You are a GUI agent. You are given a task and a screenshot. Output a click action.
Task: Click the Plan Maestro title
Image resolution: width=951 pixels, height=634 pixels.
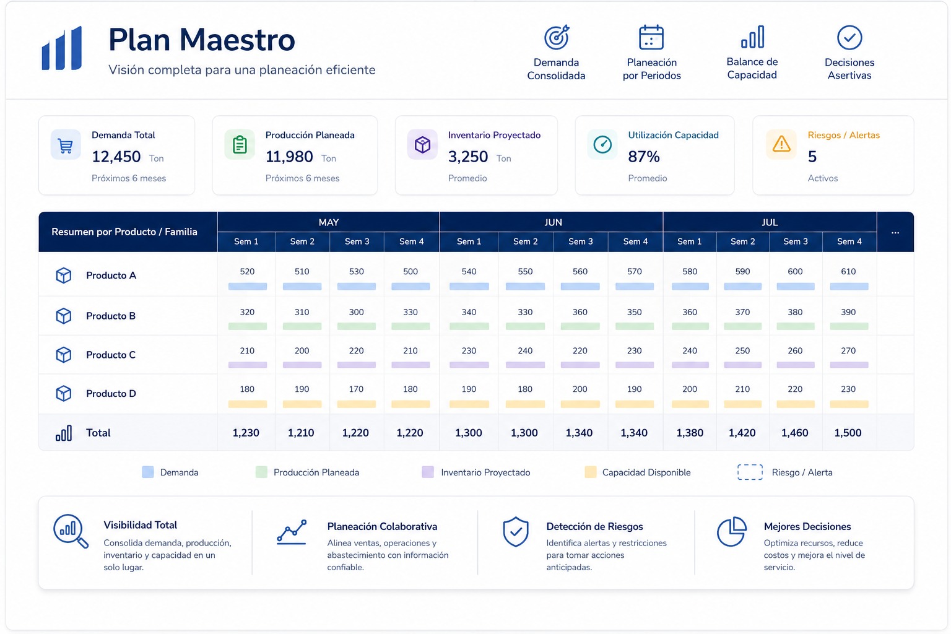[202, 40]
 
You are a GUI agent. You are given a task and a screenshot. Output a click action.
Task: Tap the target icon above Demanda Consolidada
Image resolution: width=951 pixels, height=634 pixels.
[557, 37]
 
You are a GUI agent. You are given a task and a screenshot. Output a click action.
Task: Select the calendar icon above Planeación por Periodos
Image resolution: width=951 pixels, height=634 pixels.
[651, 37]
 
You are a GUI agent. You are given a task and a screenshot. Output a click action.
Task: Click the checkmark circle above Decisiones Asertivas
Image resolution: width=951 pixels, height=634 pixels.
[849, 37]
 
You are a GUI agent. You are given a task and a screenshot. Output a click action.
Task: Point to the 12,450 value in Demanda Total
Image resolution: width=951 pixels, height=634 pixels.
[116, 157]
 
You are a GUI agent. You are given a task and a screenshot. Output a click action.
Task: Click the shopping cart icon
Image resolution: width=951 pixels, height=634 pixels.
[66, 145]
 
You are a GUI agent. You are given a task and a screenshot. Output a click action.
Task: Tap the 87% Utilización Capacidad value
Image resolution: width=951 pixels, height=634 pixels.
[644, 157]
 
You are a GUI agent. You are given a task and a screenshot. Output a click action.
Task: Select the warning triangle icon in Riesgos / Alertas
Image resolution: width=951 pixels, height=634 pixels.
[781, 144]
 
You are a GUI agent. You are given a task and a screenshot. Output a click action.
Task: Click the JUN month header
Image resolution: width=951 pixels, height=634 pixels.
[553, 222]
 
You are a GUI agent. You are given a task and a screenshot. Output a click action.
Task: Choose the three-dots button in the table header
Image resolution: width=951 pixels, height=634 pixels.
[895, 232]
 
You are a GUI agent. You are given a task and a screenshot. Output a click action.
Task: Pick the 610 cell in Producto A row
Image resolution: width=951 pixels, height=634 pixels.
[848, 271]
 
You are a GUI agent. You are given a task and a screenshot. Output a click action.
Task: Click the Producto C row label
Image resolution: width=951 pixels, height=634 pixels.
[111, 355]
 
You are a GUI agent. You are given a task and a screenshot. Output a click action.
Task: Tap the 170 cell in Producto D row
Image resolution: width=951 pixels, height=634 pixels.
[356, 389]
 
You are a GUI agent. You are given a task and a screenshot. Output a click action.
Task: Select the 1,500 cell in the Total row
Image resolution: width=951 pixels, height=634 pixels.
[848, 433]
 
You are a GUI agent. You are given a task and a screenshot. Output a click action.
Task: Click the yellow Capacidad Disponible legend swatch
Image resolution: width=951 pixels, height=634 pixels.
[590, 472]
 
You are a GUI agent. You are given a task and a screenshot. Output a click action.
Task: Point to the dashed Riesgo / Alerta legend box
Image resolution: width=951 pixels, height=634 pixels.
[750, 472]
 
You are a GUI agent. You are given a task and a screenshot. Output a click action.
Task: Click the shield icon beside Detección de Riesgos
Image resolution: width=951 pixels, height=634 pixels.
[515, 532]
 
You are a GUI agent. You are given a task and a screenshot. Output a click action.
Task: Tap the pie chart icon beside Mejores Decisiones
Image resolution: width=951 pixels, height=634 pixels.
[731, 531]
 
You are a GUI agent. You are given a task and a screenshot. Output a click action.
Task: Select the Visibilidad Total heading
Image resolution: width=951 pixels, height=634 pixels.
[140, 525]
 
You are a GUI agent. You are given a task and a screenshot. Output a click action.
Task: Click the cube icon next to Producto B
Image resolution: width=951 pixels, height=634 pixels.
[64, 316]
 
